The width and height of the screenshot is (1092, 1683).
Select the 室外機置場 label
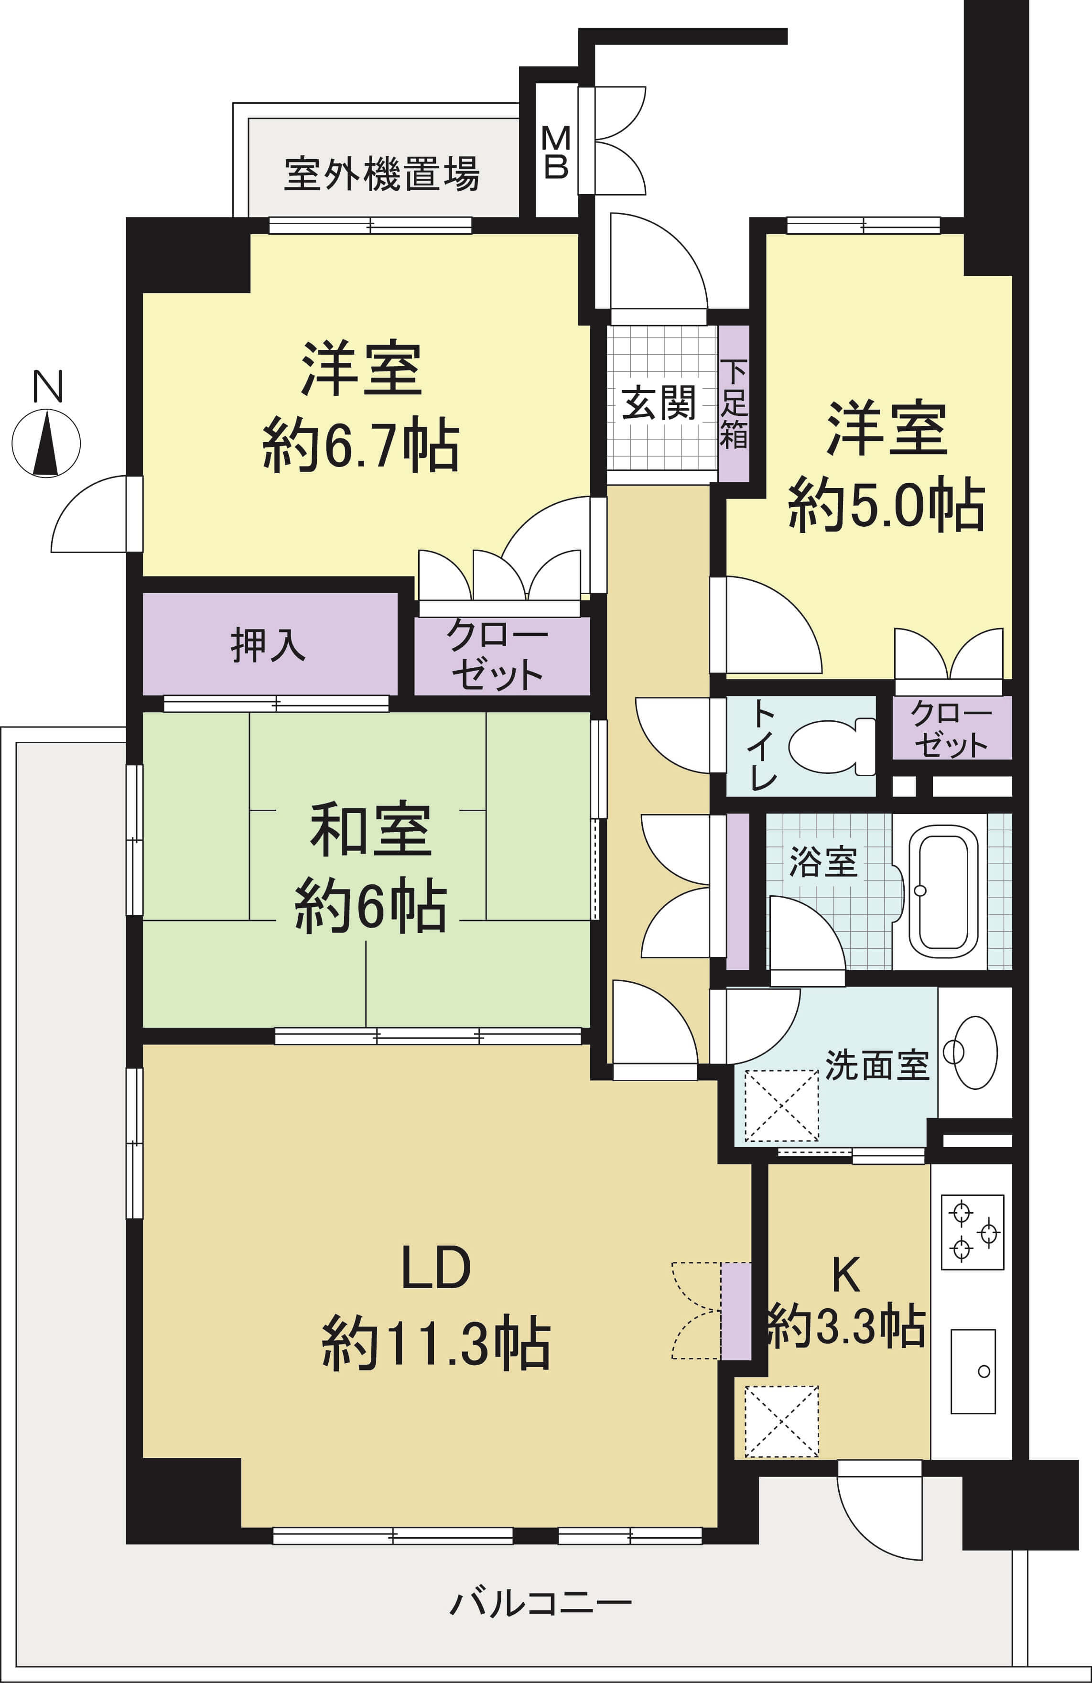point(382,174)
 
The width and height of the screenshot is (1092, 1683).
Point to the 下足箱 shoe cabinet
point(734,404)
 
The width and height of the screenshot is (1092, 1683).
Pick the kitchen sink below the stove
point(973,1372)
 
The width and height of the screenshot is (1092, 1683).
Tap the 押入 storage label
point(268,644)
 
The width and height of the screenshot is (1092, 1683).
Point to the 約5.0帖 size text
point(887,504)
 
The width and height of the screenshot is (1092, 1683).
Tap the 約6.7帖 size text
point(361,445)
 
